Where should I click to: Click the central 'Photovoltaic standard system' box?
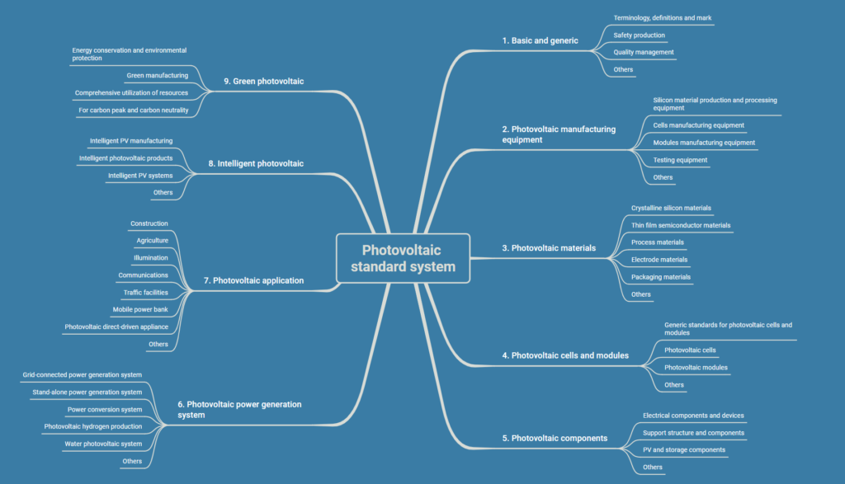(403, 258)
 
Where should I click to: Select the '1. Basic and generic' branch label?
(541, 40)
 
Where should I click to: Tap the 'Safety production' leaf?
(639, 35)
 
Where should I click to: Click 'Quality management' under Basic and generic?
(644, 52)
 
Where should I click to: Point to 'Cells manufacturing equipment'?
(698, 125)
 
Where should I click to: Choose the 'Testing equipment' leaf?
(680, 160)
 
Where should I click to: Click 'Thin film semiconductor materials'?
(680, 225)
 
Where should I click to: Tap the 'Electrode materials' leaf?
(659, 260)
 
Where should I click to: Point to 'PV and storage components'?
(683, 450)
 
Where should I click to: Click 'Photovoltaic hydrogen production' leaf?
(92, 426)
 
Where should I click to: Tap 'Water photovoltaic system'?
(103, 444)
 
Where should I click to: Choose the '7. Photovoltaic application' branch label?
(253, 280)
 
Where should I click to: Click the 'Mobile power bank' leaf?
(140, 309)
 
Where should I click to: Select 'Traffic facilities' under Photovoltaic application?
(145, 292)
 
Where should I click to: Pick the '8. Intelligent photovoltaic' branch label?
(255, 163)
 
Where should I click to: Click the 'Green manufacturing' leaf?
(157, 76)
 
